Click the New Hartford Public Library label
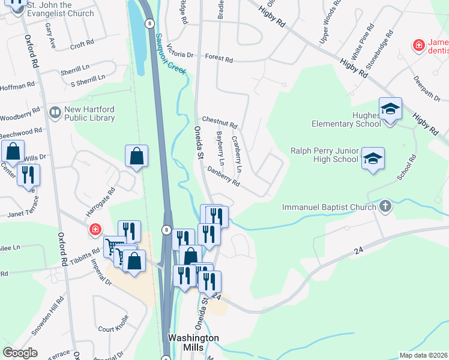pyautogui.click(x=89, y=114)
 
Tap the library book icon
pyautogui.click(x=55, y=113)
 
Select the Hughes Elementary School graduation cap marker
pyautogui.click(x=390, y=109)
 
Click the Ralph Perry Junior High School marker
pyautogui.click(x=373, y=158)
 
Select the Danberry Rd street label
pyautogui.click(x=223, y=178)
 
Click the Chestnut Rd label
pyautogui.click(x=220, y=122)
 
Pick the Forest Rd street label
pyautogui.click(x=218, y=59)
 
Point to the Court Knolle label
pyautogui.click(x=113, y=329)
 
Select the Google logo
pyautogui.click(x=20, y=353)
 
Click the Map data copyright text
pyautogui.click(x=424, y=355)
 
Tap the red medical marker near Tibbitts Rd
pyautogui.click(x=95, y=230)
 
